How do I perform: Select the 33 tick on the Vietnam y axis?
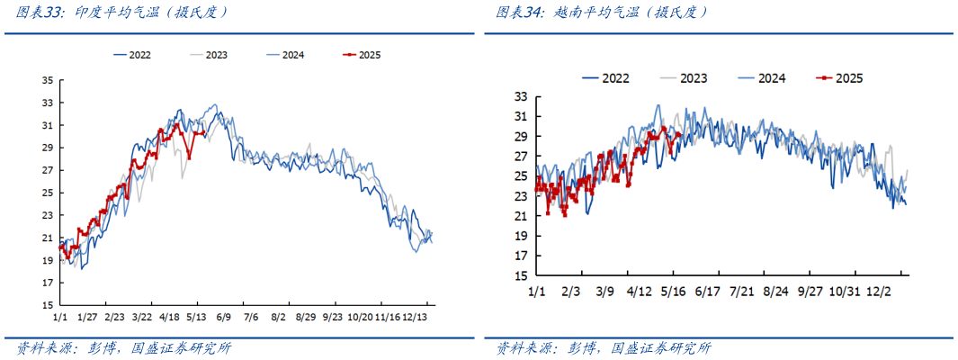tap(521, 97)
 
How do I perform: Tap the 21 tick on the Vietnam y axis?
tap(521, 217)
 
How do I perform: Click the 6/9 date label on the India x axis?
tap(224, 317)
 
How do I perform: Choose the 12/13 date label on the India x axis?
tap(415, 317)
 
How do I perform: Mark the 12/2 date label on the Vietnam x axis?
tap(880, 292)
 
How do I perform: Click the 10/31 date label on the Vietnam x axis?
tap(845, 292)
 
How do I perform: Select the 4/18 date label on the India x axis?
tap(169, 317)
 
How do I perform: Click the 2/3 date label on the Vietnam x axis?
tap(570, 292)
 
